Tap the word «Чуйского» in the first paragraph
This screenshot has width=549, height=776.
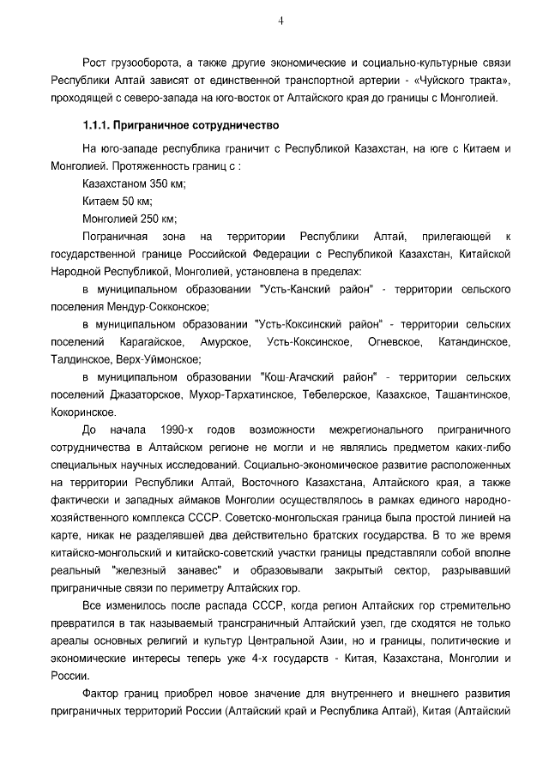(x=454, y=81)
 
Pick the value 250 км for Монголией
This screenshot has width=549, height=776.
(x=160, y=219)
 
